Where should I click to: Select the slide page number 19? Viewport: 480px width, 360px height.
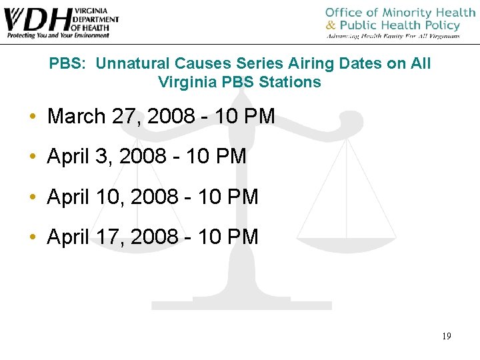pyautogui.click(x=446, y=336)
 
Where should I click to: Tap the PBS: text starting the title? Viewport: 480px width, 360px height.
pyautogui.click(x=69, y=64)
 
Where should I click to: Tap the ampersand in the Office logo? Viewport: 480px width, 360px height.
pyautogui.click(x=330, y=26)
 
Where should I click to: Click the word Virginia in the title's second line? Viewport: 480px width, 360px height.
pyautogui.click(x=183, y=83)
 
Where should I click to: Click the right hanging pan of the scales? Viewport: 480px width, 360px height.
pyautogui.click(x=347, y=230)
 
